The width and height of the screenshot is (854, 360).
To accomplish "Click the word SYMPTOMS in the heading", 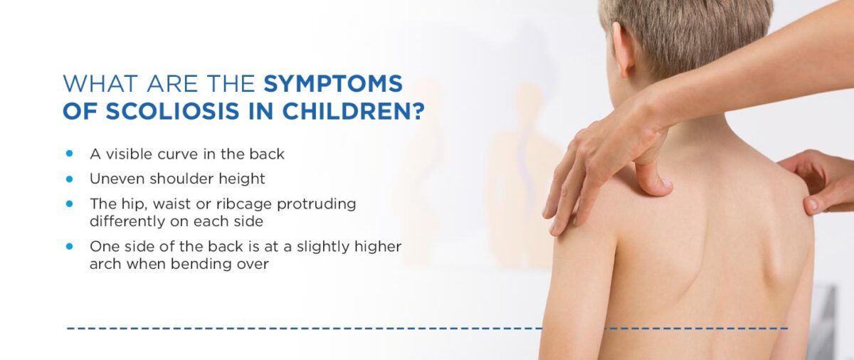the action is click(333, 83).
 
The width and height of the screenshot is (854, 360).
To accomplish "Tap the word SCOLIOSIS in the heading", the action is click(172, 111).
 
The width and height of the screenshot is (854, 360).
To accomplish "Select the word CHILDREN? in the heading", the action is click(354, 111).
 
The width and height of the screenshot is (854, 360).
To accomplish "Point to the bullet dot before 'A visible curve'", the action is click(70, 154).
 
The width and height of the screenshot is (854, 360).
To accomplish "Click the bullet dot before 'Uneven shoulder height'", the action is click(70, 179).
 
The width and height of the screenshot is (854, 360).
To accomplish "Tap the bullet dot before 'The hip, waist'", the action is click(70, 203).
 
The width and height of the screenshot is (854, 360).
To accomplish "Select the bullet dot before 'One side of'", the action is click(70, 246).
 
